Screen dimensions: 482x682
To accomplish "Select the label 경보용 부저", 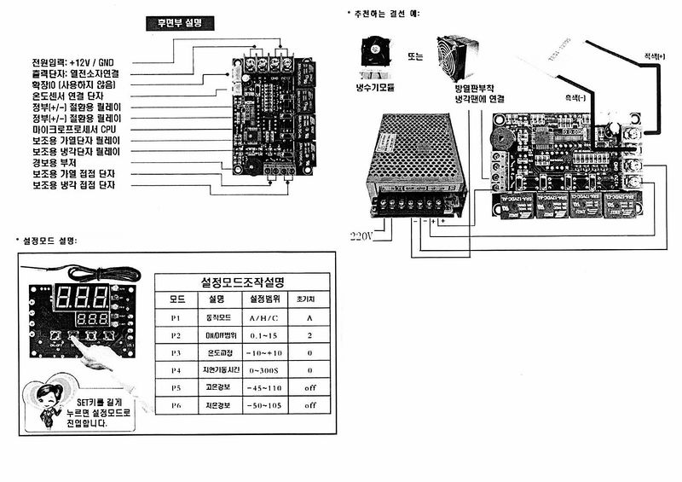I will point(54,161).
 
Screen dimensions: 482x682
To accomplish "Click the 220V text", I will point(362,235).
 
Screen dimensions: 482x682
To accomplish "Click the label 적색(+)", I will point(656,56).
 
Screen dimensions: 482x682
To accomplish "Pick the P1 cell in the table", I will point(176,317).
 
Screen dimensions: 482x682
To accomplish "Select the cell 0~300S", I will point(260,370).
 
